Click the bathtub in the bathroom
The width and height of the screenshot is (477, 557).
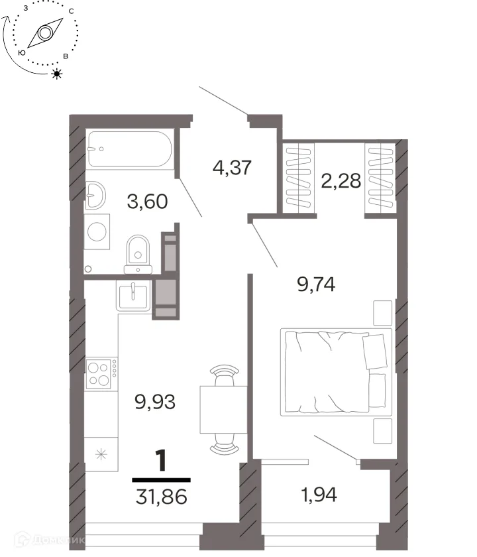pos(130,149)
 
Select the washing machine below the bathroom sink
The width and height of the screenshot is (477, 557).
pos(97,231)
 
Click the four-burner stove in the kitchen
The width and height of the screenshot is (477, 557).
pos(101,373)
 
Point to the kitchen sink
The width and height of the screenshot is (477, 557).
pos(133,296)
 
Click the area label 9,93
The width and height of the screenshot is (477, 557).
pos(155,402)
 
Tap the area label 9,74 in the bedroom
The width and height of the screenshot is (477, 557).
pos(316,284)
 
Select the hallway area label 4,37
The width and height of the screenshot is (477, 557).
pos(232,167)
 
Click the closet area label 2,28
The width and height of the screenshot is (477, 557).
pos(341,180)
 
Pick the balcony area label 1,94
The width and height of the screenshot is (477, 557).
pos(319,495)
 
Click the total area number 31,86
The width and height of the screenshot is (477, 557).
pos(161,496)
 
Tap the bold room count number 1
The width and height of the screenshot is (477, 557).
pos(162,460)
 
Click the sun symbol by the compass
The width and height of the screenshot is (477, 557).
pos(57,74)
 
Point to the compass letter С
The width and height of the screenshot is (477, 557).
pos(72,11)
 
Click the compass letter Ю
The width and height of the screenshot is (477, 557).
pos(22,53)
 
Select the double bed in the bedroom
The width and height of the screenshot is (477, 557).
pos(336,372)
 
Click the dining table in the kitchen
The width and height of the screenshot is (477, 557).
pos(224,410)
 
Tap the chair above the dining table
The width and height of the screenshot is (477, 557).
pos(224,375)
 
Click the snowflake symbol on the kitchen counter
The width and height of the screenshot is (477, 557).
pos(101,454)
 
